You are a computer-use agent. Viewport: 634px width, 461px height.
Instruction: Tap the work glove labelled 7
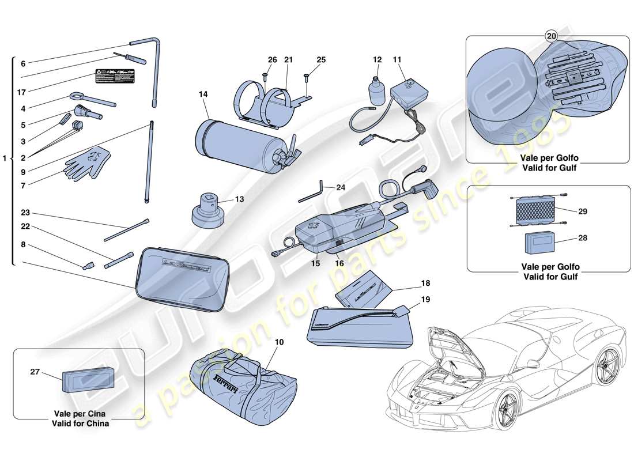pyautogui.click(x=85, y=161)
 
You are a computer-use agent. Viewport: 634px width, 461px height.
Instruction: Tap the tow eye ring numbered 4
pyautogui.click(x=92, y=100)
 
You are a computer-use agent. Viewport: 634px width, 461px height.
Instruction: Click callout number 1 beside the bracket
pyautogui.click(x=5, y=158)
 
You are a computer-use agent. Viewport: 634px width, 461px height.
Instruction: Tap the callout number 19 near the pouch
pyautogui.click(x=425, y=300)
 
